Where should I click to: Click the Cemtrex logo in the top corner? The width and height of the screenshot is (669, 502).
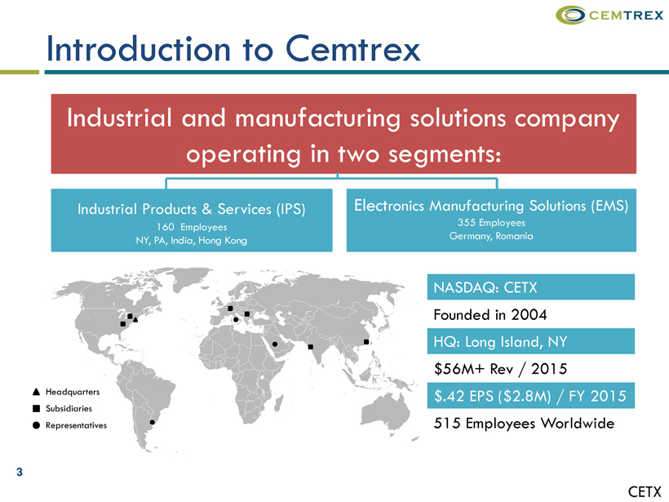coord(609,16)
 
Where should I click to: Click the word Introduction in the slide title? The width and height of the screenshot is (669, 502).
coord(139,49)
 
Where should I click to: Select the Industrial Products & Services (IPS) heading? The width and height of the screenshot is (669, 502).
coord(192,209)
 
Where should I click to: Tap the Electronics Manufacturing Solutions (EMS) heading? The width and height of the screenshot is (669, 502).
coord(491,206)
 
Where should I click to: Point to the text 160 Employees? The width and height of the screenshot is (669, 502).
coord(192,227)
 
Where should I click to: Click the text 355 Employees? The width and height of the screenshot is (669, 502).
coord(491,222)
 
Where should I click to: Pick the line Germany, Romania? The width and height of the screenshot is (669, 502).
coord(491,236)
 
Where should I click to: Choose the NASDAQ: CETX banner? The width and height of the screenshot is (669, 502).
coord(531,287)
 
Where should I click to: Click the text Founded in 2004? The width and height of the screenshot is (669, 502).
coord(490,314)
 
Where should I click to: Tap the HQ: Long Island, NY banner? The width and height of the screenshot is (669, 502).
coord(531,341)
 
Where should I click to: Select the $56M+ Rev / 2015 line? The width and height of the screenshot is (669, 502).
coord(500,368)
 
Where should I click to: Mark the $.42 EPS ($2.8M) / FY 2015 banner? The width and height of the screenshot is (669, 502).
coord(531,396)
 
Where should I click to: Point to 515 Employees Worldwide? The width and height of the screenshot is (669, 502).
coord(524,423)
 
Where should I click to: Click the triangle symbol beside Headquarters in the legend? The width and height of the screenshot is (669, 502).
coord(36,392)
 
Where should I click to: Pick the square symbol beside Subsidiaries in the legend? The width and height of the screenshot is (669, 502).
coord(36,408)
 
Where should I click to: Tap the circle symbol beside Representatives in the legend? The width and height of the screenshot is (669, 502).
coord(36,425)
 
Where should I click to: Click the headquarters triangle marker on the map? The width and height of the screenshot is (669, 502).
coord(135,319)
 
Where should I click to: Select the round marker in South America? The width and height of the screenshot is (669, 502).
coord(153,422)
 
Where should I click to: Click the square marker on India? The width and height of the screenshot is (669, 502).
coord(311,347)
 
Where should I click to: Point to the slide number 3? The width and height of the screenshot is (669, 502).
coord(20,472)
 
